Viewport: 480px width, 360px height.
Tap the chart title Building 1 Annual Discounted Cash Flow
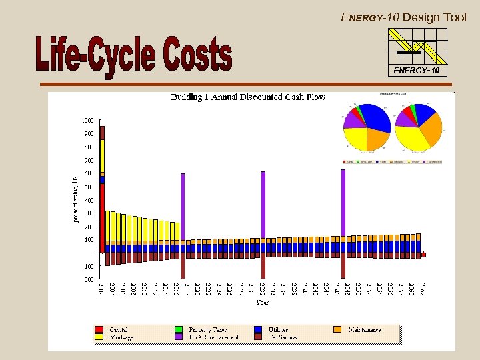[x=248, y=97]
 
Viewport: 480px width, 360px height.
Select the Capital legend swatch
[x=99, y=329]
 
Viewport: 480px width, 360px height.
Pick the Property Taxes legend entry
[x=207, y=329]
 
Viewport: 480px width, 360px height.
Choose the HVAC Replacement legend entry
[x=213, y=337]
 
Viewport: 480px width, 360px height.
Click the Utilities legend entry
[x=278, y=329]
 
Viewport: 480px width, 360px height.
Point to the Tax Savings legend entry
[x=283, y=337]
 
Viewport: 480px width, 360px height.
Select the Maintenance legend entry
[x=363, y=329]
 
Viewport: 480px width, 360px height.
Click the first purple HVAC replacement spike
[x=183, y=207]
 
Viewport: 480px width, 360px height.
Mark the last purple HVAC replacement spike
[x=343, y=203]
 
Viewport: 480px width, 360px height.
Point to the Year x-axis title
[x=264, y=302]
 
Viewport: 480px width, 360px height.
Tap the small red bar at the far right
[x=424, y=255]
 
